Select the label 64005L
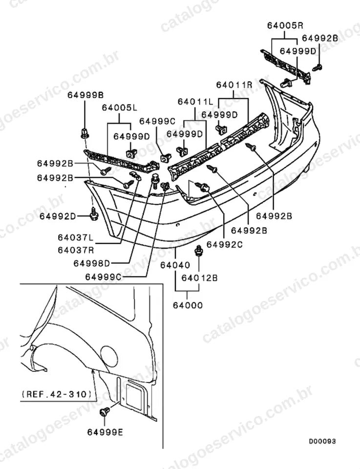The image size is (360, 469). (119, 107)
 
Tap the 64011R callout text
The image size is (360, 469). (234, 85)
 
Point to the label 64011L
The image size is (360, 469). (195, 102)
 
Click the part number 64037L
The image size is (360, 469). (76, 238)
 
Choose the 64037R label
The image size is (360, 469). (76, 250)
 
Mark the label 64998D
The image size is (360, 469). (92, 263)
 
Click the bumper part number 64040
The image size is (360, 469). (175, 265)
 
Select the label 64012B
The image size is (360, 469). (199, 278)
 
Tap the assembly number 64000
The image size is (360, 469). (188, 305)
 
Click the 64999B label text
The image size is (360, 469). (85, 95)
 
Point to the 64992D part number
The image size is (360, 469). (58, 216)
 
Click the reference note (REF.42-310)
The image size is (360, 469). (57, 394)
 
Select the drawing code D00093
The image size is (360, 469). (322, 441)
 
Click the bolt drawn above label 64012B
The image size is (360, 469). (198, 251)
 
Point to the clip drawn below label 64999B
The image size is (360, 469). (85, 133)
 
